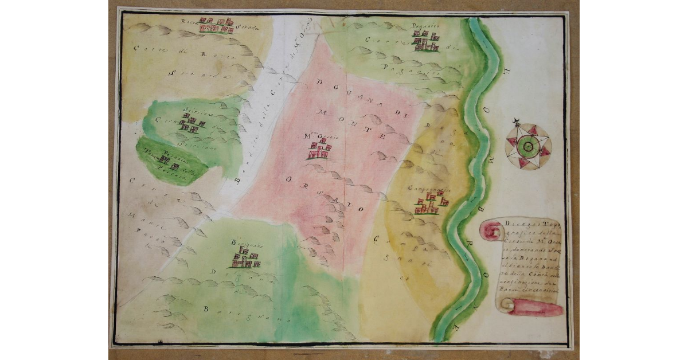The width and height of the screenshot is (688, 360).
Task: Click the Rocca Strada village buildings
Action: click(x=216, y=26)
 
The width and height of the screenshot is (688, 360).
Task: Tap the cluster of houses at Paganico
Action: click(x=426, y=41)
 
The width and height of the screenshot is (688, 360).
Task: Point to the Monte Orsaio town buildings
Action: click(x=319, y=150)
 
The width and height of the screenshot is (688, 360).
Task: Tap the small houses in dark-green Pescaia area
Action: click(x=165, y=163)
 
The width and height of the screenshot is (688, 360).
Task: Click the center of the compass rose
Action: click(x=527, y=147)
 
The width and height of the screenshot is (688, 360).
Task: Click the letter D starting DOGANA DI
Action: click(x=319, y=82)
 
